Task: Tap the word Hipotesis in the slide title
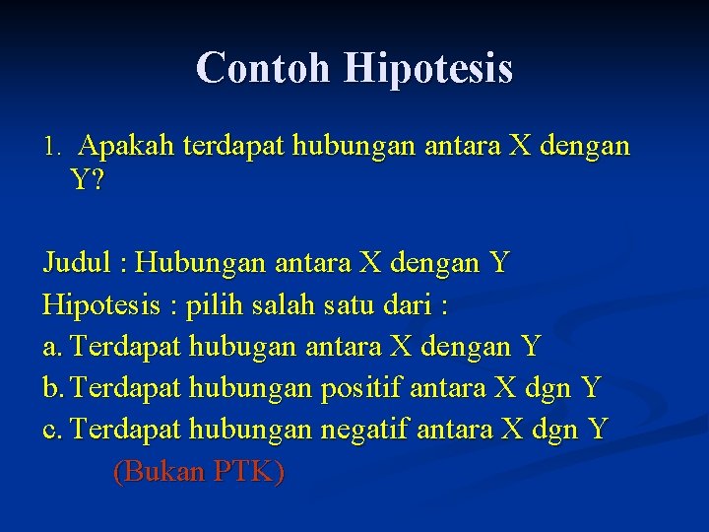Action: click(428, 68)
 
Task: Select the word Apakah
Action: click(126, 147)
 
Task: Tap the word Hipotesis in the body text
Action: click(101, 304)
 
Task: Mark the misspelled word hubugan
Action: click(244, 347)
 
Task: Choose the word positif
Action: click(362, 388)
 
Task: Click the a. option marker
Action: click(53, 347)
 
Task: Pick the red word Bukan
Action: click(157, 472)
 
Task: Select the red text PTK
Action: click(246, 472)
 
